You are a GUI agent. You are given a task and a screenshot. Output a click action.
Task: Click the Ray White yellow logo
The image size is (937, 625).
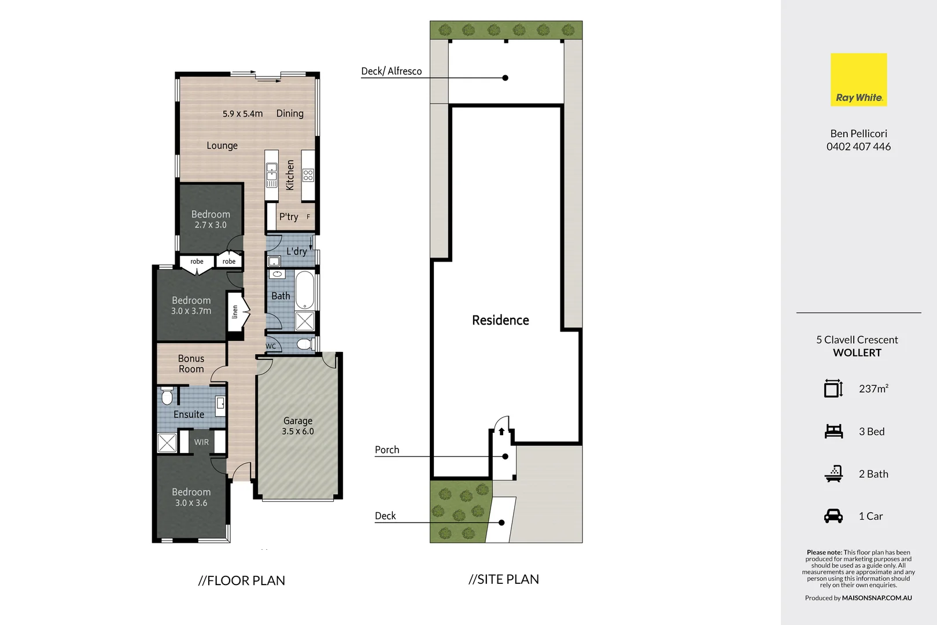pos(858,79)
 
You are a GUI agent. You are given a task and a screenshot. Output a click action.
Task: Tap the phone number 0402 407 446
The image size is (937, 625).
pos(858,147)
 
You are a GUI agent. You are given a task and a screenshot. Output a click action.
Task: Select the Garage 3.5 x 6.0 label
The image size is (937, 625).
pos(298,426)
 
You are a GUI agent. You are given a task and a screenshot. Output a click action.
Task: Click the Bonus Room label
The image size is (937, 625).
pos(191,364)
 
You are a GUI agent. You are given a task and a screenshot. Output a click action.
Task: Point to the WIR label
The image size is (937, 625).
pos(201,442)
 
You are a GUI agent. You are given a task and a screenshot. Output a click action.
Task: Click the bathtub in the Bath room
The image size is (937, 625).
pos(305,290)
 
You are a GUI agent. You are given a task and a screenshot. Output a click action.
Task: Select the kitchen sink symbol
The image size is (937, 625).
pos(271,175)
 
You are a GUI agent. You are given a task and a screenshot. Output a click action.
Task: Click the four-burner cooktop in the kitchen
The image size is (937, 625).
pos(308,175)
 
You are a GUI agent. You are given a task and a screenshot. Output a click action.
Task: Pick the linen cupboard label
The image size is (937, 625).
pos(235,312)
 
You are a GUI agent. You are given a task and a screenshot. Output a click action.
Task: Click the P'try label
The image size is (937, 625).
pos(289,217)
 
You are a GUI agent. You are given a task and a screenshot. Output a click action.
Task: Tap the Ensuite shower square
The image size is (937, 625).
pos(167,443)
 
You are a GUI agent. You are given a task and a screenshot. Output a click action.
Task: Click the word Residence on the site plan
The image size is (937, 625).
pos(500,321)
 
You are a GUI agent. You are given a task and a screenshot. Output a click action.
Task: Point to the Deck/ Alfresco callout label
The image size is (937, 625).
pos(392,71)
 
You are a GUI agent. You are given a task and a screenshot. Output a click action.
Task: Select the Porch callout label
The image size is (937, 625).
pos(387,450)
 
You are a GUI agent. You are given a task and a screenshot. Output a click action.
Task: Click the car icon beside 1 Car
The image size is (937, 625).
pos(833,516)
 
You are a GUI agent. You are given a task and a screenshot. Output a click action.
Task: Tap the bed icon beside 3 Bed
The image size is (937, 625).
pos(833,431)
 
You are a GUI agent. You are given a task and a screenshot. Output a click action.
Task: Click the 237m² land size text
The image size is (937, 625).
pos(873,389)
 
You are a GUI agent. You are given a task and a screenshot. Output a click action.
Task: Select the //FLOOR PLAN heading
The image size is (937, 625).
pos(242,580)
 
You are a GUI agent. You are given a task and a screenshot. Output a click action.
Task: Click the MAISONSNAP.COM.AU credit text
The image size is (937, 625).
pos(877,598)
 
